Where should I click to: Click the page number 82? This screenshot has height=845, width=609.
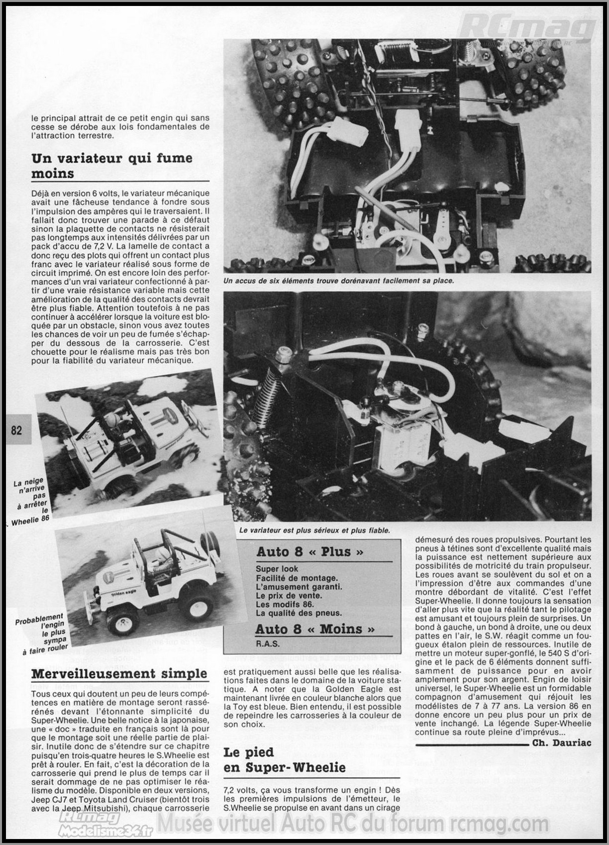coord(16,429)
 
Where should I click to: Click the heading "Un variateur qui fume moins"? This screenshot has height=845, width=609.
coord(112,166)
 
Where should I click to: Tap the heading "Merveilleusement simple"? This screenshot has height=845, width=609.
coord(119,674)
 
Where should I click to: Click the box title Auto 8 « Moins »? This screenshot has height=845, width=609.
coord(315,629)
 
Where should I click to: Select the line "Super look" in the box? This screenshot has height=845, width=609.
coord(277,568)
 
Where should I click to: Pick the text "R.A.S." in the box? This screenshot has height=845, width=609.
coord(268,643)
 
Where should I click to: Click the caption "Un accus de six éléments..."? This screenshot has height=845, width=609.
coord(338,281)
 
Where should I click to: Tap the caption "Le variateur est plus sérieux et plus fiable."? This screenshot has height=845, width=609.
coord(314,530)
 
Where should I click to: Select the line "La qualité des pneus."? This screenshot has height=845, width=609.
coord(299,613)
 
